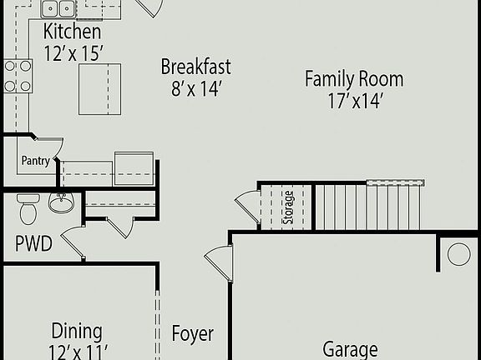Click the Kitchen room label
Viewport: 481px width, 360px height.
point(73,32)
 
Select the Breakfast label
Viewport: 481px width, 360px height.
point(195,67)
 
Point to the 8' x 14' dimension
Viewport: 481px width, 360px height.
point(195,88)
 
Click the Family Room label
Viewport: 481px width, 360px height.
point(353,80)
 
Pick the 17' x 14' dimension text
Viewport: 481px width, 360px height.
point(353,102)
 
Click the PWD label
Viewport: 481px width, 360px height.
point(33,244)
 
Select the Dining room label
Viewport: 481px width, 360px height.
point(77,332)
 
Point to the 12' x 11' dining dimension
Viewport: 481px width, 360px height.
point(77,351)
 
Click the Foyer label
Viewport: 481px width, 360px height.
point(193,334)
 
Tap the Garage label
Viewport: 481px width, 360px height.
point(350,349)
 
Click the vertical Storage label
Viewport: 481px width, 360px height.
point(288,207)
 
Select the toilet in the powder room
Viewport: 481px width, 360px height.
point(28,208)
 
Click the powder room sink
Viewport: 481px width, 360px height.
point(60,202)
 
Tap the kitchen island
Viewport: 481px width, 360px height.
point(99,88)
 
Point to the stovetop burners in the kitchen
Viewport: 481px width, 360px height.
point(18,76)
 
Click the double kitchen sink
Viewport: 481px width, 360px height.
point(58,8)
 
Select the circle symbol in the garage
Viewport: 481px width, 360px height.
point(458,254)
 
